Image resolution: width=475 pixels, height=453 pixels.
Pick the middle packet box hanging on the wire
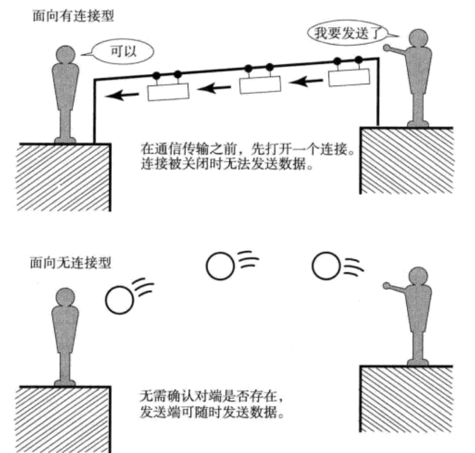coord(260,84)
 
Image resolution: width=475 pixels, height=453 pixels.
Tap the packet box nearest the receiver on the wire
coord(168,91)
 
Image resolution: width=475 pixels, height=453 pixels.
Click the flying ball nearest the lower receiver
coord(119,300)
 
